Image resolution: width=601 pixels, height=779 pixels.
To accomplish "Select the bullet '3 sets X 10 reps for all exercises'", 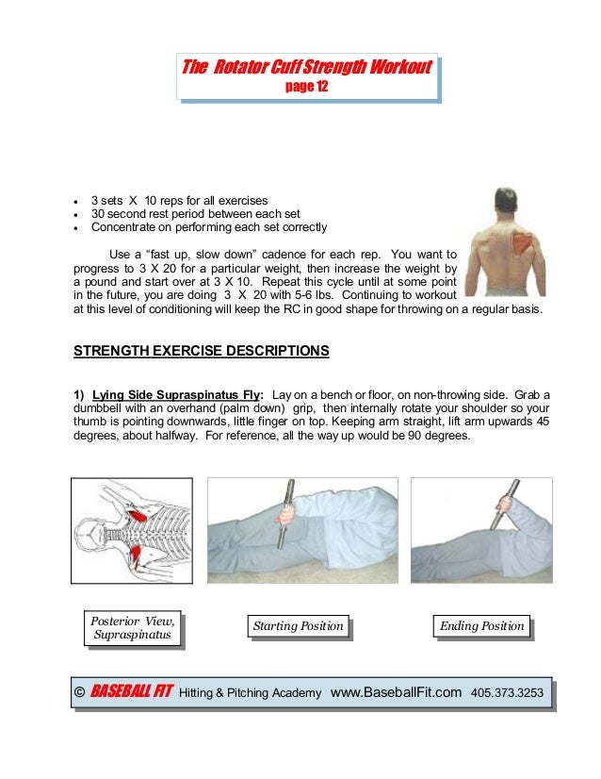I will [x=179, y=201].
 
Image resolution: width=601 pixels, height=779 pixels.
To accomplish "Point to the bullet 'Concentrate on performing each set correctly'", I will [x=208, y=227].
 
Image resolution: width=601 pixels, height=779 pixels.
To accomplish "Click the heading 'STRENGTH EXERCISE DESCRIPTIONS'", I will [x=202, y=351].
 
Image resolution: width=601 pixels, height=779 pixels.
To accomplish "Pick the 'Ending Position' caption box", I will [x=481, y=626].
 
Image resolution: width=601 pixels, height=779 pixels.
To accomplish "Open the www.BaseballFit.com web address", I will [x=397, y=693].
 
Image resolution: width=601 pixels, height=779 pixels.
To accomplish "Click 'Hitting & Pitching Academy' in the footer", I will [x=249, y=694].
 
